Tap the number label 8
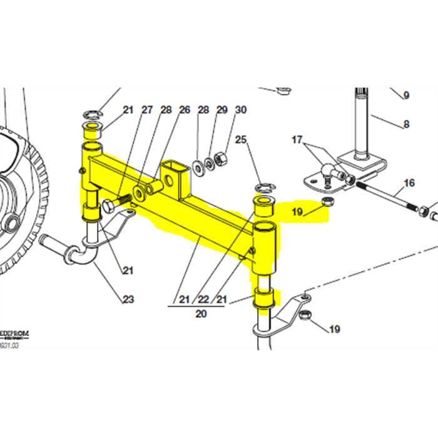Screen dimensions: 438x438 tap(406, 124)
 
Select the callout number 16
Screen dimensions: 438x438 tap(409, 183)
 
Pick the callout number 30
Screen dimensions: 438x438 tap(241, 109)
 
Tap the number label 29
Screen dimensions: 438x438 tap(222, 109)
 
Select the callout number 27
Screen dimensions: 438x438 tap(147, 109)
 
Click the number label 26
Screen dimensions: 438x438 tap(185, 109)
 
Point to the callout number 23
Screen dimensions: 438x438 tap(128, 299)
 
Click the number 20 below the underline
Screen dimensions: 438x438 tap(200, 313)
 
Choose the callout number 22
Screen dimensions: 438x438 tap(202, 300)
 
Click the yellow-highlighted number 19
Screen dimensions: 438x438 tap(298, 212)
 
